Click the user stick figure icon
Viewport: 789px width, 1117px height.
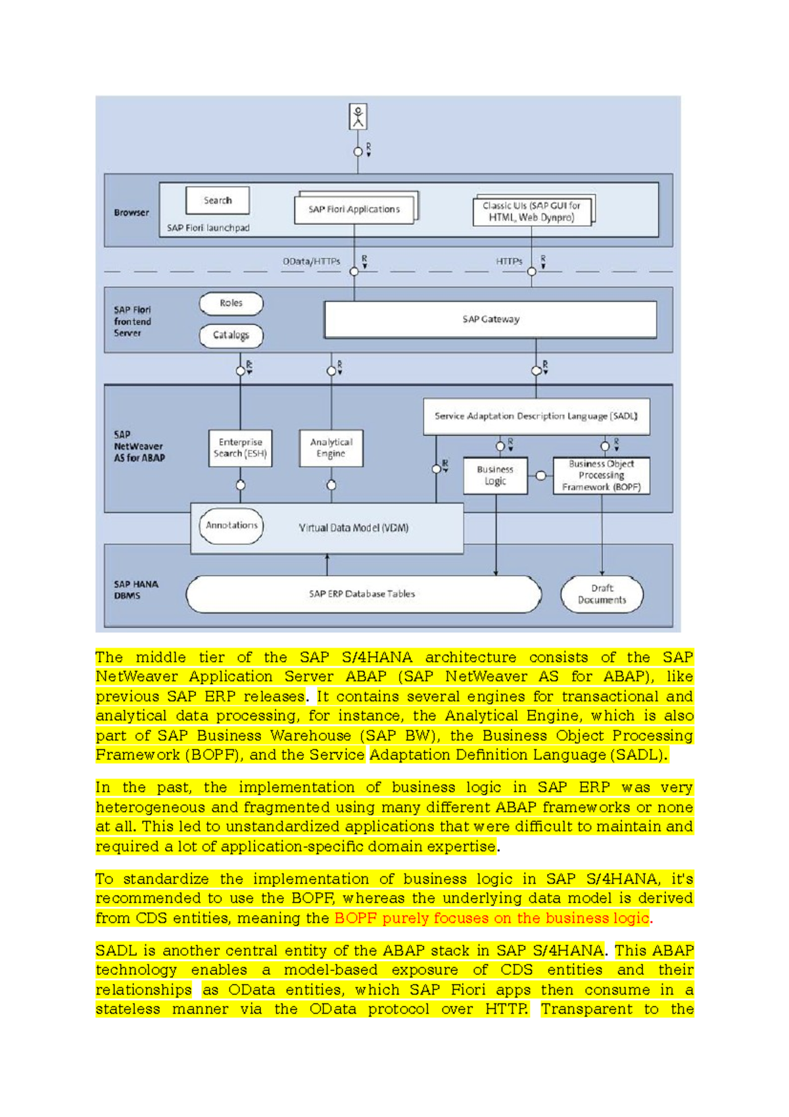[358, 116]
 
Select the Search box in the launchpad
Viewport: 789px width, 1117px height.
[218, 200]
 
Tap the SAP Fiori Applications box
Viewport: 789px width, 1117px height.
[354, 209]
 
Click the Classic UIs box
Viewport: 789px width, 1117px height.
[532, 211]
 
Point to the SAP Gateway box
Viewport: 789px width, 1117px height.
[490, 319]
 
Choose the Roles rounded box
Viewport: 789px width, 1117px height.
[231, 303]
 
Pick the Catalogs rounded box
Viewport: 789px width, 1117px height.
[231, 335]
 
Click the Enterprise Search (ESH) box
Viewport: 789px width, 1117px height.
[240, 448]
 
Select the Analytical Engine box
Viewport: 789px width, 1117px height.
[331, 448]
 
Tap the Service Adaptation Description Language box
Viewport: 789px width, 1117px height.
[536, 416]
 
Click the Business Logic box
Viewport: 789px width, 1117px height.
[495, 475]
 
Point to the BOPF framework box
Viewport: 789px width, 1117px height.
[601, 475]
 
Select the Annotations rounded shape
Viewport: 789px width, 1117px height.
[231, 525]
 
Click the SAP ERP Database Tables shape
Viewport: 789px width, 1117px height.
[362, 593]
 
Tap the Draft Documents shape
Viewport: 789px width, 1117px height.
[602, 594]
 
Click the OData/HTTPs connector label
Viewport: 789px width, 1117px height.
[312, 261]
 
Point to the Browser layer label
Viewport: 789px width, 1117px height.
[131, 212]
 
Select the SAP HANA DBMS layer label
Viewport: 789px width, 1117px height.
[135, 589]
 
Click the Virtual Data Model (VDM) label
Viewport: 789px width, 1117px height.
[354, 528]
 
